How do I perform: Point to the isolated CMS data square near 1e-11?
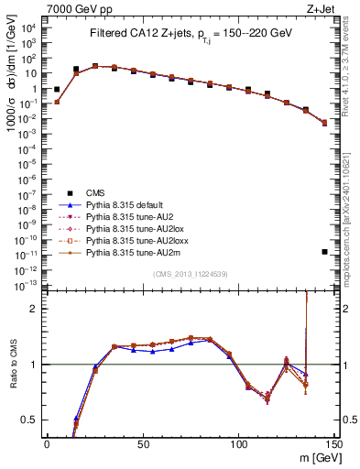pos(325,251)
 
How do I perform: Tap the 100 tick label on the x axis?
pos(239,443)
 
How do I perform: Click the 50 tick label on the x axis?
pos(143,443)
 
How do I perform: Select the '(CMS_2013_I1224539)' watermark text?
pos(191,274)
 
